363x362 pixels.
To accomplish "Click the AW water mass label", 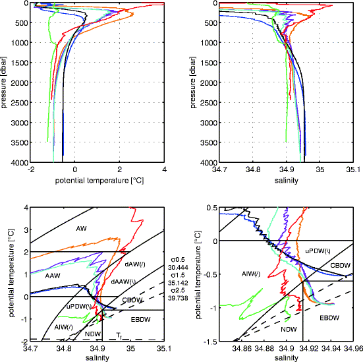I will pos(82,229).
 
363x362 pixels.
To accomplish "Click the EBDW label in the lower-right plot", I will pos(330,318).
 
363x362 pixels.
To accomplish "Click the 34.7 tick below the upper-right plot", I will pos(220,169).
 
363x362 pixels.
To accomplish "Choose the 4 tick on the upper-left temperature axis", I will pos(164,169).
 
